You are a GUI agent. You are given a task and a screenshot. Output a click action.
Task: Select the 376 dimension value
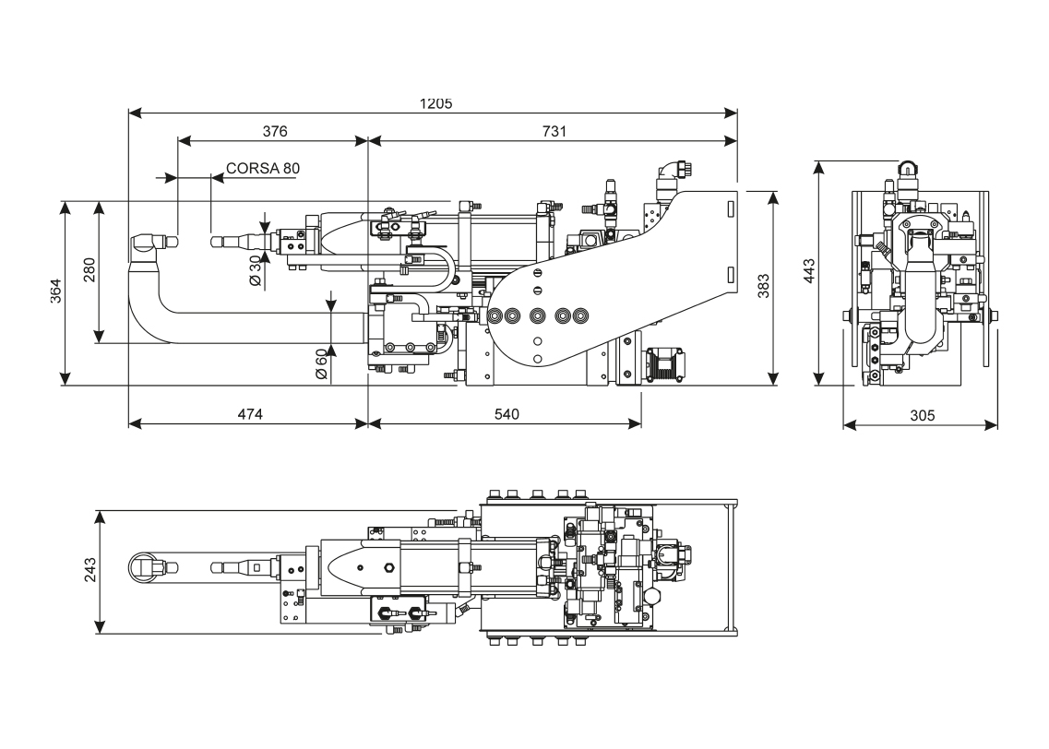[x=274, y=131]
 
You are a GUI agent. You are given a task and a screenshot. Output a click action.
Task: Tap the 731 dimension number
[x=553, y=131]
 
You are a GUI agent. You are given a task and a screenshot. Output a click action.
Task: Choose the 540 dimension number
[x=506, y=414]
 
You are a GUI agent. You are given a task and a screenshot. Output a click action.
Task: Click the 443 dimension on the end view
[x=809, y=271]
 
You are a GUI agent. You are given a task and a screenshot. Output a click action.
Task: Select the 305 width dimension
[x=921, y=415]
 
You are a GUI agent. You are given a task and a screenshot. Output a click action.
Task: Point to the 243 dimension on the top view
[x=89, y=572]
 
